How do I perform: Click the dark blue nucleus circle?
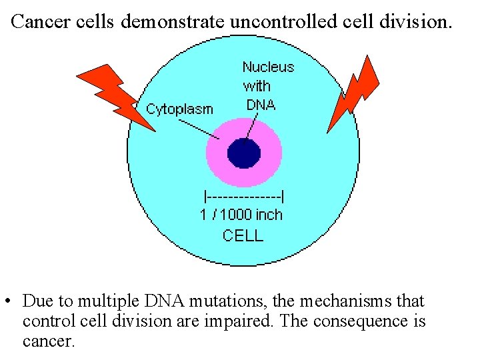pos(244,153)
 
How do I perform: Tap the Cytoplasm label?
pos(179,109)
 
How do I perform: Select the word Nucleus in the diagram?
pos(268,67)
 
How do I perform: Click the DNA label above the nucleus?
pos(261,105)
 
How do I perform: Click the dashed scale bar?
pos(244,196)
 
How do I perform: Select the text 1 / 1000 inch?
pos(241,215)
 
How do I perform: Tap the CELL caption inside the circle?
pos(243,235)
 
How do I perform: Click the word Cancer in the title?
pos(41,22)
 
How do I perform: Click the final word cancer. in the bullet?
pos(49,341)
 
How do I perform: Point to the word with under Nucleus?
pos(257,85)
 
